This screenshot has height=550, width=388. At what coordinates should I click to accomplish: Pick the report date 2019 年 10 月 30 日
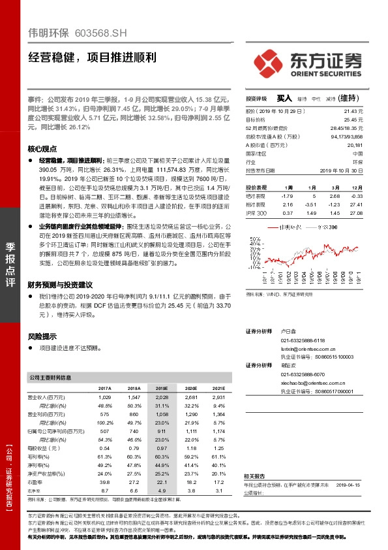340,170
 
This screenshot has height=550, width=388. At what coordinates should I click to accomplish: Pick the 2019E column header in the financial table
162,387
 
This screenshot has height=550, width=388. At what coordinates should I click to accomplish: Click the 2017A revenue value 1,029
105,397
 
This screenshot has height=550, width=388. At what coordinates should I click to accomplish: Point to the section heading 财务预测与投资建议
61,285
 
